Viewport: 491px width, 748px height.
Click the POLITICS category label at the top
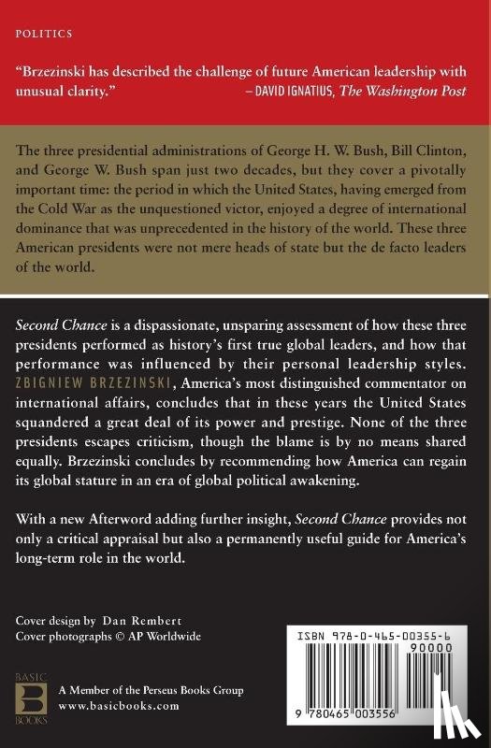(44, 33)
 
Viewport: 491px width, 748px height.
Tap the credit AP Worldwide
(175, 636)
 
